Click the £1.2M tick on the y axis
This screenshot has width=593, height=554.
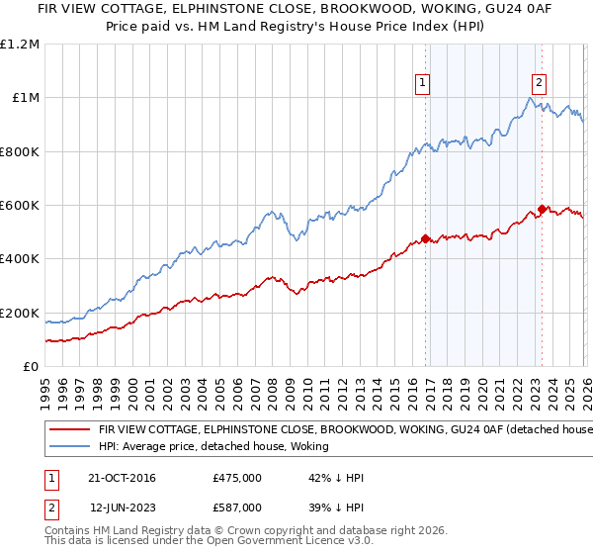(x=20, y=45)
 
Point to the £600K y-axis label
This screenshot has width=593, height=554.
(x=20, y=206)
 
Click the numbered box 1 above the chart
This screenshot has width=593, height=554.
(x=422, y=83)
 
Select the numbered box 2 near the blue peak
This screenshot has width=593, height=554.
(x=540, y=83)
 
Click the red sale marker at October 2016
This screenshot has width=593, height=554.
(x=425, y=238)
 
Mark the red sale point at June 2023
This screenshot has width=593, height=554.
(x=543, y=209)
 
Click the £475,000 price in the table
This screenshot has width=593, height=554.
(x=236, y=478)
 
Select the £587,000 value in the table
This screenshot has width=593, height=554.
(x=236, y=507)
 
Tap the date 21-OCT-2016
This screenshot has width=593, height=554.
(x=124, y=478)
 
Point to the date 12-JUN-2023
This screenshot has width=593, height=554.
(x=124, y=507)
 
